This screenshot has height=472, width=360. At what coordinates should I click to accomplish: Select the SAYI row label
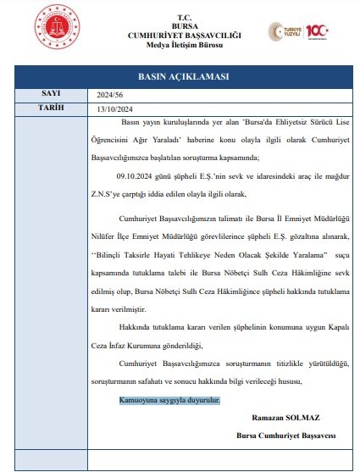click(x=50, y=94)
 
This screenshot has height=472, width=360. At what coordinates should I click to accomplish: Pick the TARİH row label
click(x=50, y=108)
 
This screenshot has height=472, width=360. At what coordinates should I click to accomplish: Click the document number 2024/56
click(x=112, y=95)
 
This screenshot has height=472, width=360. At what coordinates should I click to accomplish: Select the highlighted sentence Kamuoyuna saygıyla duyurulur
click(x=168, y=399)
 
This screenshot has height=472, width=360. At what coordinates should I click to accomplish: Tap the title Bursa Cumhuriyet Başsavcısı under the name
click(x=286, y=436)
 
